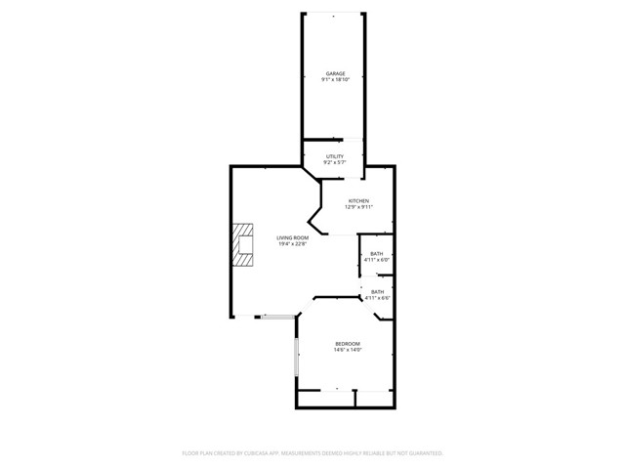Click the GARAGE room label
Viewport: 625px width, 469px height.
[x=335, y=73]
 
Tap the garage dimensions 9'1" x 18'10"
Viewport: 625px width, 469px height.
[x=335, y=80]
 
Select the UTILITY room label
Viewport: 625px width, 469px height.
[x=335, y=156]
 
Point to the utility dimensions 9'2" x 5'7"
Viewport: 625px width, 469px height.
[x=335, y=163]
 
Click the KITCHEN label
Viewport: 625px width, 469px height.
[x=358, y=201]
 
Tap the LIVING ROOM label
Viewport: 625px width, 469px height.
[x=292, y=237]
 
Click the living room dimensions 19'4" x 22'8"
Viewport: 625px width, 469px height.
[x=292, y=244]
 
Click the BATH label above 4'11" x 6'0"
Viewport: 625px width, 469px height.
[x=377, y=254]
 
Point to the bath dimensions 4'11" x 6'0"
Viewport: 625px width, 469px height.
[x=377, y=261]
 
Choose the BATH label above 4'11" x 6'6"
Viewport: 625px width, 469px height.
[x=377, y=291]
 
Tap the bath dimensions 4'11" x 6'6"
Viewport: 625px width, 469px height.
[x=377, y=298]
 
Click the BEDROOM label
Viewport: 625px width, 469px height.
[x=348, y=343]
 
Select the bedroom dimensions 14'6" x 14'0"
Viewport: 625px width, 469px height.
[x=348, y=350]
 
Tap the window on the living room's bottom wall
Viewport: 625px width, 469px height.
[x=276, y=316]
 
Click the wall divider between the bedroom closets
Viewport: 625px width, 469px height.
[x=355, y=399]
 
